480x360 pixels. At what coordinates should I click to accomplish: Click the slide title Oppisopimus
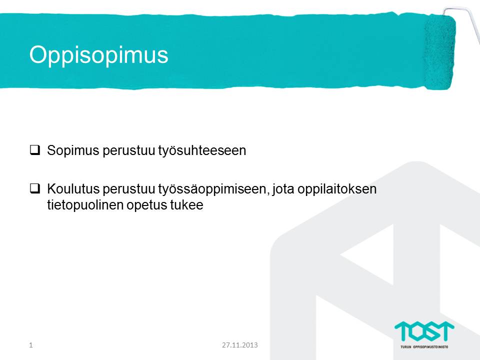98,55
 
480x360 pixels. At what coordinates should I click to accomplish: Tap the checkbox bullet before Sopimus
35,150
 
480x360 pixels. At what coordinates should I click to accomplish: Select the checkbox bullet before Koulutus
35,188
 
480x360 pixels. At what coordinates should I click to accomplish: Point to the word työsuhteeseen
202,151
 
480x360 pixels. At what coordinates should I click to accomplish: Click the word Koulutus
73,188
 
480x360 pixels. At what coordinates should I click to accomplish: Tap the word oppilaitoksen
337,189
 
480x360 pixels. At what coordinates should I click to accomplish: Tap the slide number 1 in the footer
31,345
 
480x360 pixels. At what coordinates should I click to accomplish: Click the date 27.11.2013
240,345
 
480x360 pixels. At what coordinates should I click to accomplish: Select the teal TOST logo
424,331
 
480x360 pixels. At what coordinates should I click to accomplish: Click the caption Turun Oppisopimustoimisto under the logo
424,347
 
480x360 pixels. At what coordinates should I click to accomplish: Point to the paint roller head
439,52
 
